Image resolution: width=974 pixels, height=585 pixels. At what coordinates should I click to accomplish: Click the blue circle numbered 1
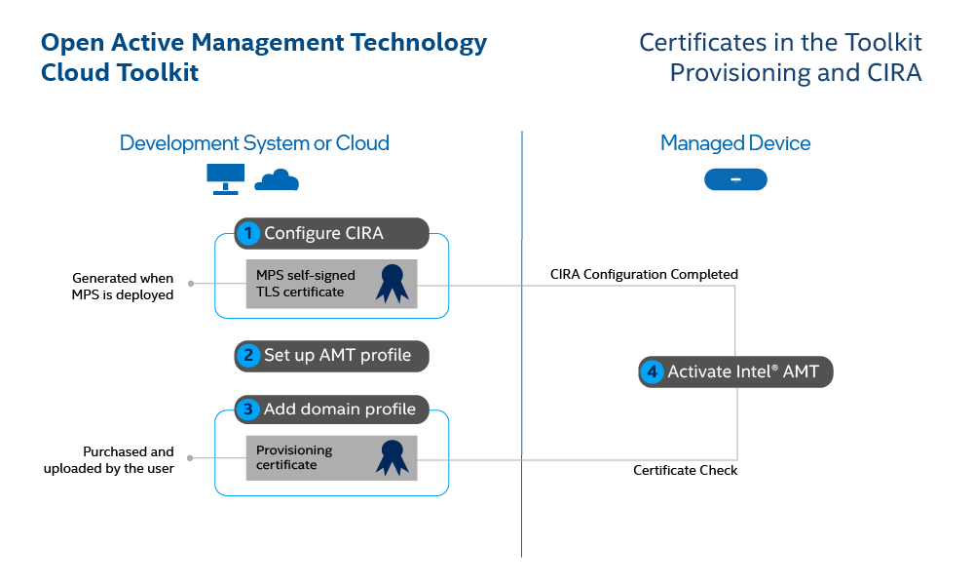[x=249, y=233]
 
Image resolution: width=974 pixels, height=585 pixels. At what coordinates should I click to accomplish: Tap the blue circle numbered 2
[x=249, y=355]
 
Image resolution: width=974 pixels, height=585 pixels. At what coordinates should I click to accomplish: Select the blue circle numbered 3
[x=249, y=409]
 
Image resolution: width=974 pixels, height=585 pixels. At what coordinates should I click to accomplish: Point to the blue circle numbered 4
[x=653, y=371]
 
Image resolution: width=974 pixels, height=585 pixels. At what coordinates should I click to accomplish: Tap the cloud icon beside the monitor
[x=277, y=179]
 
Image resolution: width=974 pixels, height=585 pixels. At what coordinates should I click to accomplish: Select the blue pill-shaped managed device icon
[x=735, y=179]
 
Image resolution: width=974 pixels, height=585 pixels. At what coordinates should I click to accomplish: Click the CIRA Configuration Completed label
[x=644, y=274]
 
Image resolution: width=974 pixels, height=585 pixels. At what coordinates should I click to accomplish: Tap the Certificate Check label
[x=685, y=470]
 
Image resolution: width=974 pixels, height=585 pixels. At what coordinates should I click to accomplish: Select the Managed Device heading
[x=735, y=143]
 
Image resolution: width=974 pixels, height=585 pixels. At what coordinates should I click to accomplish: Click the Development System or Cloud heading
[x=254, y=143]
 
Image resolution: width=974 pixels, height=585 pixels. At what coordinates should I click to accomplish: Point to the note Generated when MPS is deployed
[x=123, y=287]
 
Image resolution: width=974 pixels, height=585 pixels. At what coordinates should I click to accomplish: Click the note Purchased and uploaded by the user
[x=109, y=460]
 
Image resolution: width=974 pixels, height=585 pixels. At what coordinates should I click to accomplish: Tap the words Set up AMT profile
[x=337, y=355]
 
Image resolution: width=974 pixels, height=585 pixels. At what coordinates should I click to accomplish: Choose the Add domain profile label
[x=339, y=409]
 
